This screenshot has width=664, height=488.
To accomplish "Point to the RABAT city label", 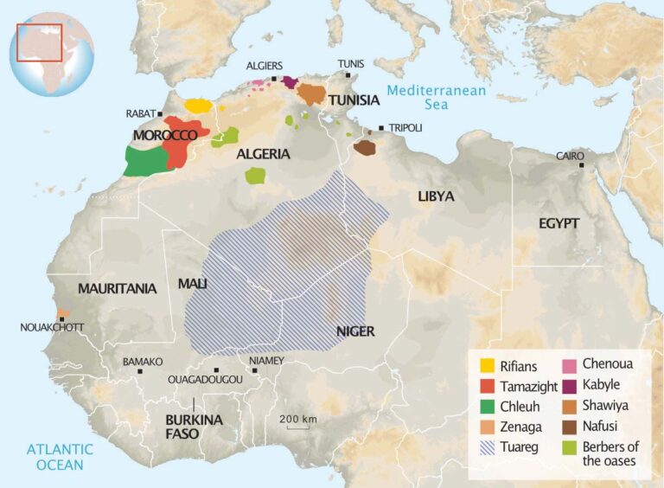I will [x=138, y=113].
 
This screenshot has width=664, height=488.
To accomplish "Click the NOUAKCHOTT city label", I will [x=47, y=327].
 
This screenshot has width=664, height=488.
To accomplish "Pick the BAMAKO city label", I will [x=143, y=361].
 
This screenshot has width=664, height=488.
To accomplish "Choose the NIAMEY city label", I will [x=265, y=360].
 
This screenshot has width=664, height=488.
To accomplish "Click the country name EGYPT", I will [x=559, y=223].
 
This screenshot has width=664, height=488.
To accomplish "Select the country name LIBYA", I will [x=436, y=196].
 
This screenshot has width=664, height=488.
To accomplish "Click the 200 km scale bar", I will [x=298, y=424].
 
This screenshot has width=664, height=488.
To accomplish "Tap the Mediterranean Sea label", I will [x=437, y=98].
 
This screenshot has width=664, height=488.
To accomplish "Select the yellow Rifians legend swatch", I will [x=487, y=366].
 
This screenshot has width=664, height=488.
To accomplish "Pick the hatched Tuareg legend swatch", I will [x=487, y=448].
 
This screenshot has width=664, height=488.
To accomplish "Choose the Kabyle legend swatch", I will [x=570, y=385].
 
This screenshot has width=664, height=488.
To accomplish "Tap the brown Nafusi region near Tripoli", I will [x=365, y=148].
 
